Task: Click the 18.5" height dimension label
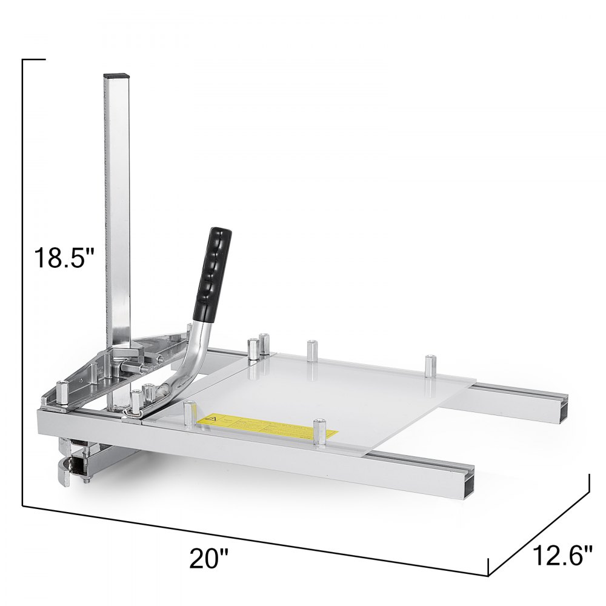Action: pyautogui.click(x=64, y=258)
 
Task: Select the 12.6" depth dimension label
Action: pyautogui.click(x=562, y=554)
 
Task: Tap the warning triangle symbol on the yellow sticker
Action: pyautogui.click(x=215, y=419)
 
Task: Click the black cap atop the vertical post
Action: pyautogui.click(x=116, y=76)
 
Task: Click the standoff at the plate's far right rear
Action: pyautogui.click(x=431, y=366)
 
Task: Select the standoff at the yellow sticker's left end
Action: pyautogui.click(x=190, y=414)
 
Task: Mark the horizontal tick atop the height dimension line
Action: pyautogui.click(x=34, y=60)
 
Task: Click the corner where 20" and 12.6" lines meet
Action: pyautogui.click(x=488, y=574)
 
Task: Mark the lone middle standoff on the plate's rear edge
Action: pyautogui.click(x=311, y=351)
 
